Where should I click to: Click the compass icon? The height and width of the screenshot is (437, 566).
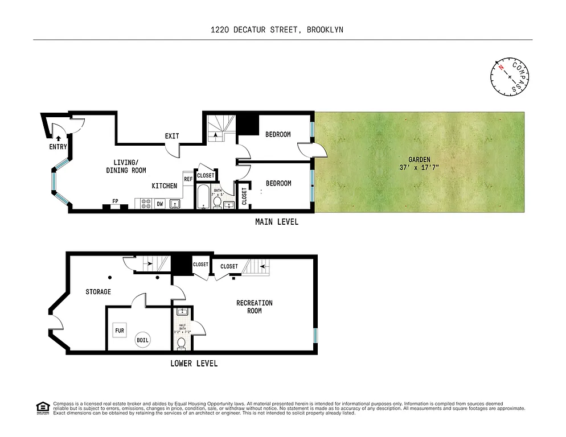click(x=510, y=77)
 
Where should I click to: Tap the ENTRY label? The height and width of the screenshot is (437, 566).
click(x=58, y=147)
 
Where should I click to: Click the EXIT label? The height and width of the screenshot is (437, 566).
click(x=172, y=136)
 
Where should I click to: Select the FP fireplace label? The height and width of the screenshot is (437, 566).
click(x=115, y=201)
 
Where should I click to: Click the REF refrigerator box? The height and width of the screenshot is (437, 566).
click(x=188, y=179)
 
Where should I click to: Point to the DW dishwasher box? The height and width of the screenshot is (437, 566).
click(x=159, y=204)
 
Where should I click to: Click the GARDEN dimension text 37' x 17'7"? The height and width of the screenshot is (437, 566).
click(x=419, y=168)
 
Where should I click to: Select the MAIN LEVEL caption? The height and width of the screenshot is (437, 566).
click(x=276, y=222)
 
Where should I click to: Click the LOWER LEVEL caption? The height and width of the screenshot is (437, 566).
click(x=194, y=364)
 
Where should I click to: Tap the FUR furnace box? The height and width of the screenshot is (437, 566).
click(x=120, y=330)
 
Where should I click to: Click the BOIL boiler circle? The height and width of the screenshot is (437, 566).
click(x=142, y=341)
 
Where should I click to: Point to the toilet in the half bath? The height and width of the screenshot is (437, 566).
click(x=181, y=343)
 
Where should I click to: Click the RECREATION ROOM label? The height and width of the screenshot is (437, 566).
click(x=255, y=307)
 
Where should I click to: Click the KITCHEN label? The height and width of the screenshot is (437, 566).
click(x=164, y=186)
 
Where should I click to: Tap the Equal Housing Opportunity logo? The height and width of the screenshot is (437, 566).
click(x=42, y=407)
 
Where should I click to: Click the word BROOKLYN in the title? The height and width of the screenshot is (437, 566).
click(x=325, y=30)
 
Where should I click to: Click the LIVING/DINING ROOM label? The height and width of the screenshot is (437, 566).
click(x=126, y=166)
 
